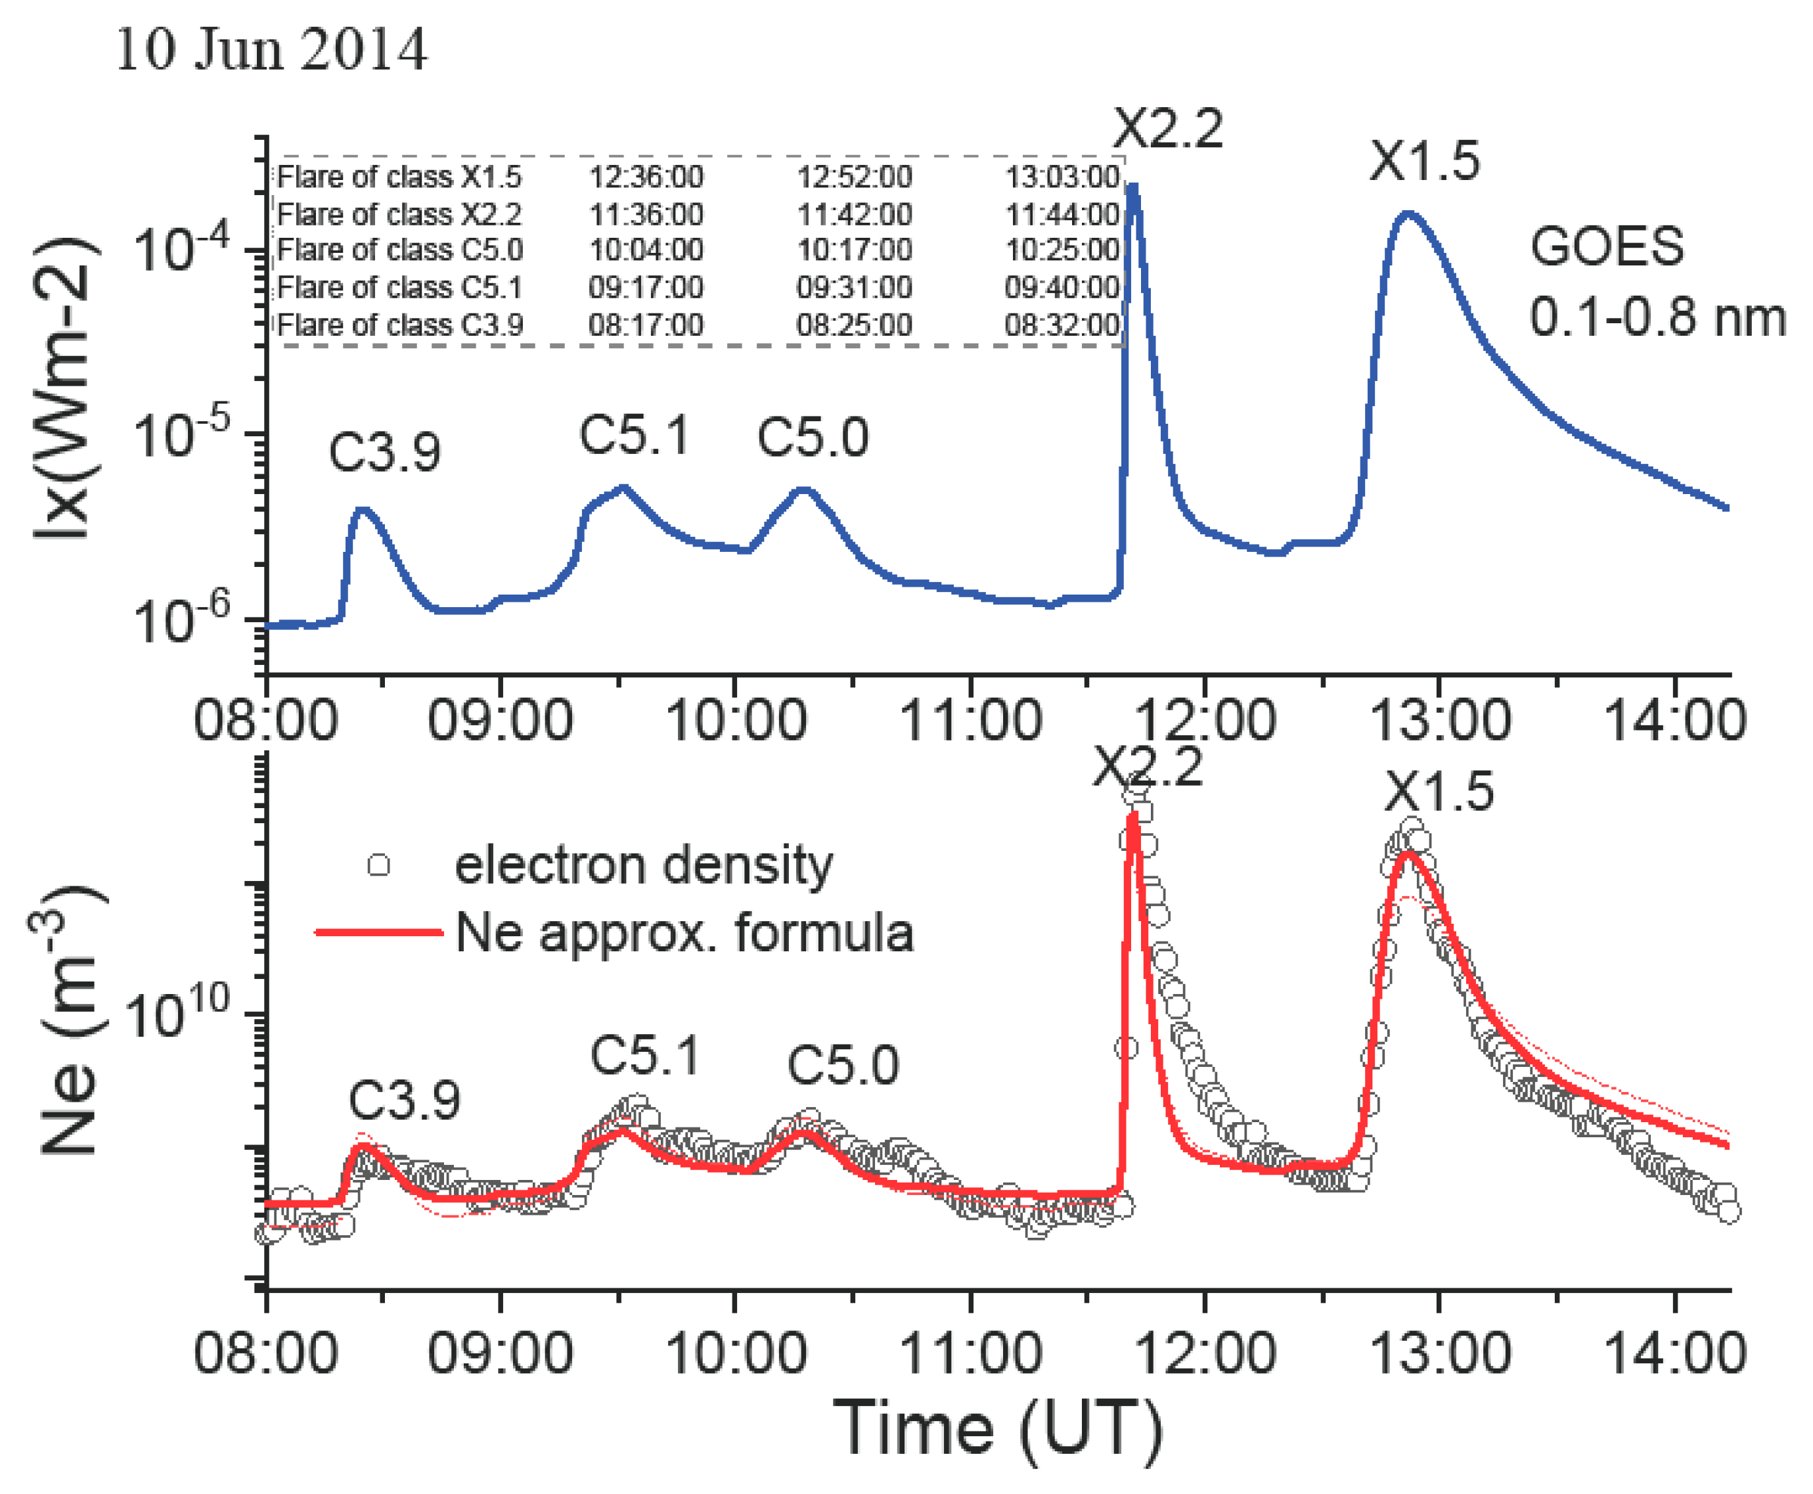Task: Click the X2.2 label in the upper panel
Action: pos(1168,129)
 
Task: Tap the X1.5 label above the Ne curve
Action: pos(1439,792)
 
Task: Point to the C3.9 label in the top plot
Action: pos(385,452)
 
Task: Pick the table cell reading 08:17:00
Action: pos(645,325)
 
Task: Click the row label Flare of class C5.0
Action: pos(399,250)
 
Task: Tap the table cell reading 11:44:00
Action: pos(1062,214)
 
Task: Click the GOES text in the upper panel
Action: pos(1605,246)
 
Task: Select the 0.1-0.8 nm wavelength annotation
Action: pos(1657,317)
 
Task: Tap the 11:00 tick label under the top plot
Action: pos(970,720)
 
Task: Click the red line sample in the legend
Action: pos(378,932)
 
